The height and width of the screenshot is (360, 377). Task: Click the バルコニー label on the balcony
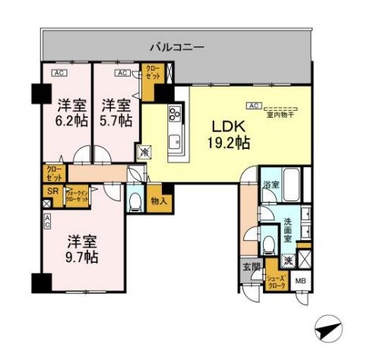(x=176, y=47)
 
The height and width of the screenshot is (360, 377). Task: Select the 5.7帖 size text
(x=116, y=120)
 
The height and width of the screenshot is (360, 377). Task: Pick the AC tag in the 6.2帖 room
(x=59, y=73)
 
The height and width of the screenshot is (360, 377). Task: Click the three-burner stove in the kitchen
(x=173, y=115)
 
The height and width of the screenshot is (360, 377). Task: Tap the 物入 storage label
(x=158, y=201)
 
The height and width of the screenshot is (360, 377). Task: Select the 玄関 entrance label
(x=250, y=265)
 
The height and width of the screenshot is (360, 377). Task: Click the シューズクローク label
(x=275, y=283)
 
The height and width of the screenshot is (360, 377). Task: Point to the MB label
(x=300, y=283)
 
